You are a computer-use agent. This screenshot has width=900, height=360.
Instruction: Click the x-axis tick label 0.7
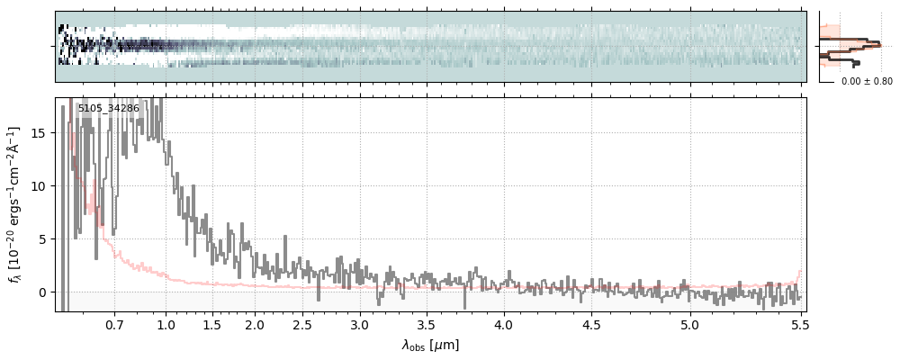click(114, 325)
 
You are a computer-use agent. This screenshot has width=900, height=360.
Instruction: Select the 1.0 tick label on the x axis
click(166, 325)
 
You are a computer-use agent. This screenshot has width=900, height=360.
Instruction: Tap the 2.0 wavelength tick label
click(255, 325)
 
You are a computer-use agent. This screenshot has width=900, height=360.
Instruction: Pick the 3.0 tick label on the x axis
click(360, 325)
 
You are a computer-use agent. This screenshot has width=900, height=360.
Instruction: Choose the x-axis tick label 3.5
click(427, 325)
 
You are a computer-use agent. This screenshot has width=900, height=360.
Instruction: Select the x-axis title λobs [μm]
click(430, 345)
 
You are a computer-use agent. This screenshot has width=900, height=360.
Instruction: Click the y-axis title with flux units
click(15, 204)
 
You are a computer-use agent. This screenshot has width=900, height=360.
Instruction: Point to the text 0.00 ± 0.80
click(867, 81)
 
